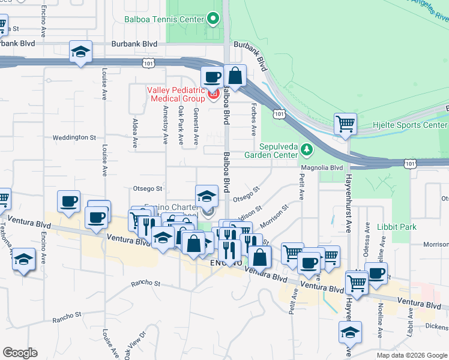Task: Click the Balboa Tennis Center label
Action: (x=164, y=19)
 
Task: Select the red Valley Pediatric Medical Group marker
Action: (x=212, y=94)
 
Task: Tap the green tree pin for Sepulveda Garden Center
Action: (x=307, y=149)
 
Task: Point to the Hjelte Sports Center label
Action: (x=418, y=125)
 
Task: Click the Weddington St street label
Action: (x=74, y=137)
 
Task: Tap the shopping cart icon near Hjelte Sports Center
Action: (x=345, y=124)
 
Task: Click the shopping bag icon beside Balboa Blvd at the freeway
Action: (x=235, y=76)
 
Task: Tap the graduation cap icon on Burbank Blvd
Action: (x=80, y=52)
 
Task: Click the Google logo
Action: (x=20, y=353)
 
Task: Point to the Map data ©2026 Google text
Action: (x=411, y=355)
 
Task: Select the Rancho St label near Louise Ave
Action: (x=67, y=314)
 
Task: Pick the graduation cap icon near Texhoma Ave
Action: (x=23, y=259)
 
